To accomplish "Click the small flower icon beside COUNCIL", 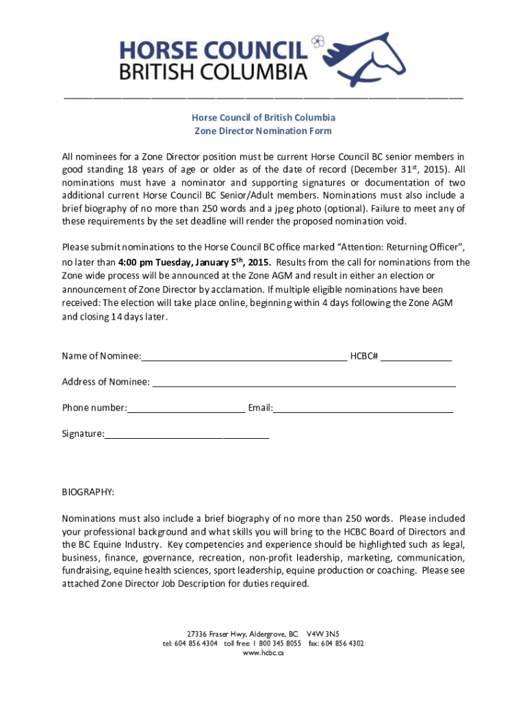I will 317,42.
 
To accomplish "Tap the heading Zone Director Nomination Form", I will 263,131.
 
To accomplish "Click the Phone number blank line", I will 186,408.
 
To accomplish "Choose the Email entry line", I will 363,408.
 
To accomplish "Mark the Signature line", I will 187,434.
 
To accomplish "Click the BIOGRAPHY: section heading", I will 88,492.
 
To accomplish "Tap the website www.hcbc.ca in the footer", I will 263,652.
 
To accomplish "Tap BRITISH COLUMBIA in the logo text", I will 214,71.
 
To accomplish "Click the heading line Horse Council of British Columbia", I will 263,118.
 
